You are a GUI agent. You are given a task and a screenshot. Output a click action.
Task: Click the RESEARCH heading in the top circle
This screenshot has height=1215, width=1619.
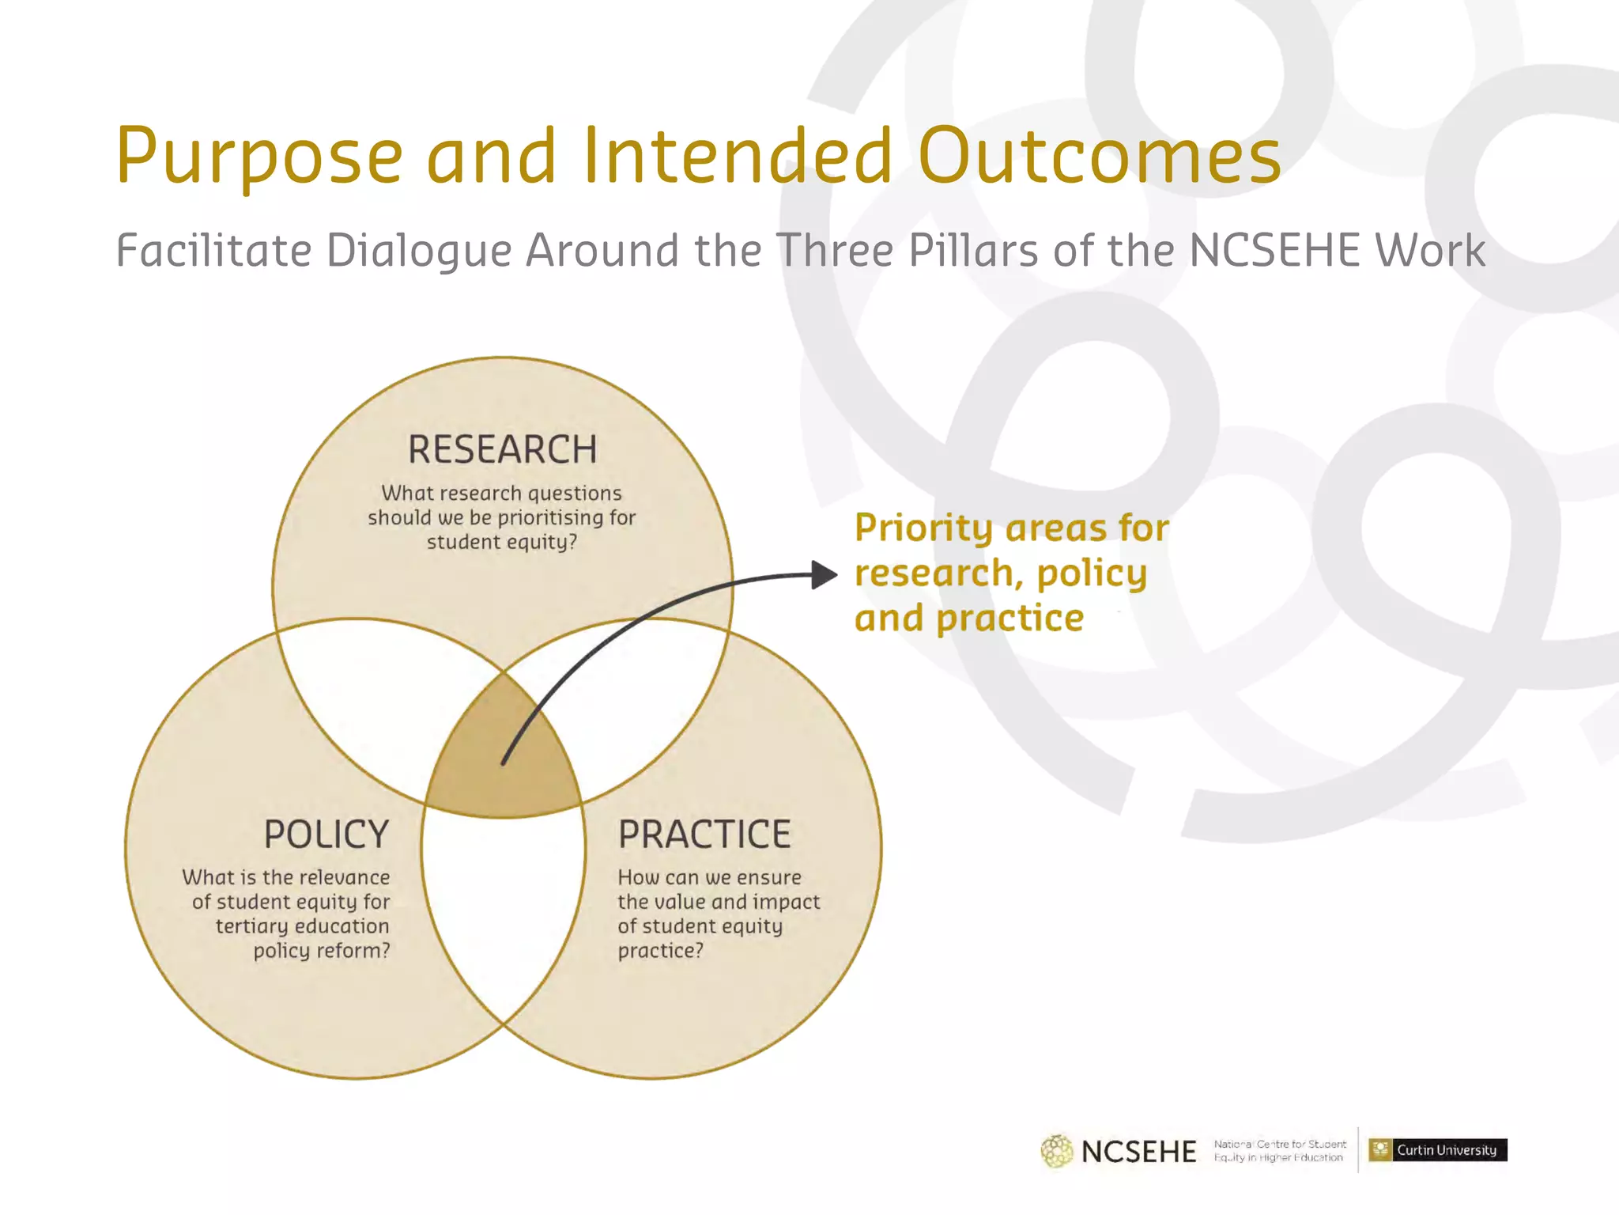pyautogui.click(x=502, y=449)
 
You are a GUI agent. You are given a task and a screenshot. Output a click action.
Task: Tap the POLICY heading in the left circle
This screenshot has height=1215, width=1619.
pyautogui.click(x=326, y=835)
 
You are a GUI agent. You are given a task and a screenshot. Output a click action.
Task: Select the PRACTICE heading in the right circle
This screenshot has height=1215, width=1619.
pyautogui.click(x=704, y=835)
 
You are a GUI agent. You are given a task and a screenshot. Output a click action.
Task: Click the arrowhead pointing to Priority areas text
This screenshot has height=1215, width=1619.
pyautogui.click(x=825, y=575)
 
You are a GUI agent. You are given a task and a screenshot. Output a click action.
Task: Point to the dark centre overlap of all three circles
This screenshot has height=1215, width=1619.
pyautogui.click(x=503, y=759)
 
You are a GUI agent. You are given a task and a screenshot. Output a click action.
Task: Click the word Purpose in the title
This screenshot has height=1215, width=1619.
pyautogui.click(x=259, y=157)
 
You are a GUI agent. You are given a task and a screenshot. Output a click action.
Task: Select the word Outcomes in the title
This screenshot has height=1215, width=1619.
pyautogui.click(x=1099, y=157)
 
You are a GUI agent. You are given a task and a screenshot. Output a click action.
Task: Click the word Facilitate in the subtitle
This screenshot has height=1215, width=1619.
pyautogui.click(x=213, y=251)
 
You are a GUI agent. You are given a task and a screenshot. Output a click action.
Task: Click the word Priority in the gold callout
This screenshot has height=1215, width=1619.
pyautogui.click(x=923, y=528)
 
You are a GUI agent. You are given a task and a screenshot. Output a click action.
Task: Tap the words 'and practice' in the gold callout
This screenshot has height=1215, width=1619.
pyautogui.click(x=968, y=619)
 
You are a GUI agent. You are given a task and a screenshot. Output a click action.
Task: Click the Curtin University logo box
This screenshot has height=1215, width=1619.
pyautogui.click(x=1437, y=1149)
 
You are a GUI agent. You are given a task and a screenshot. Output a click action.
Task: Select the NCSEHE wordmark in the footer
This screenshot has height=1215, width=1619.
pyautogui.click(x=1138, y=1152)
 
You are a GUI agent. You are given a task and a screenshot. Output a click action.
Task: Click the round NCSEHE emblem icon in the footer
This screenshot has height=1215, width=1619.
pyautogui.click(x=1057, y=1151)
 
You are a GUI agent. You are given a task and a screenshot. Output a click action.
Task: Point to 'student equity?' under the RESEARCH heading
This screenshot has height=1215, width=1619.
pyautogui.click(x=502, y=543)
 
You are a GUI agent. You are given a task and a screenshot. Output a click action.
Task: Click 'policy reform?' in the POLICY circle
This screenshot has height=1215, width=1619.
pyautogui.click(x=322, y=950)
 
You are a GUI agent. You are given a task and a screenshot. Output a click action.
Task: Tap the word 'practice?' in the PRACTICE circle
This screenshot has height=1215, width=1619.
pyautogui.click(x=660, y=950)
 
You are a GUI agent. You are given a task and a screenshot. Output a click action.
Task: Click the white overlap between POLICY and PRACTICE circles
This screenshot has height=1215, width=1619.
pyautogui.click(x=504, y=918)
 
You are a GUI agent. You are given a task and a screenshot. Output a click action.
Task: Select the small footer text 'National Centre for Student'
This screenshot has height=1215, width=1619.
pyautogui.click(x=1280, y=1144)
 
